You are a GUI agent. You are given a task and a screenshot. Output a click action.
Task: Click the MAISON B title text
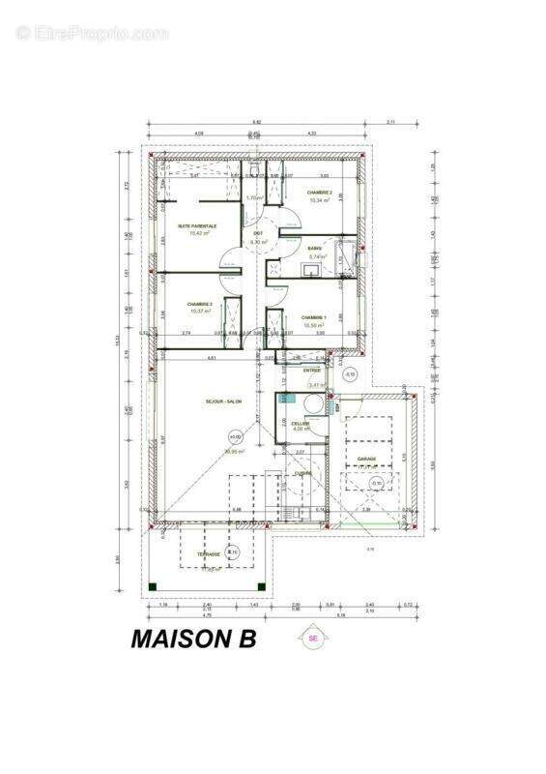[193, 640]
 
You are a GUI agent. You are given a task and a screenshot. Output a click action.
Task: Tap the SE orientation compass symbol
[312, 638]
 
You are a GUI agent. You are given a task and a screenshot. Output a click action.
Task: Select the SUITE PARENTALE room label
[196, 226]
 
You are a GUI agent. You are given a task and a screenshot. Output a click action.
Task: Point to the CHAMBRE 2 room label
[319, 193]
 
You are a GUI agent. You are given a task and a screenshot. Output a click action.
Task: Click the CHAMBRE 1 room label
[314, 317]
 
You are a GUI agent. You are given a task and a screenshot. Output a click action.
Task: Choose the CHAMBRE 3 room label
[199, 304]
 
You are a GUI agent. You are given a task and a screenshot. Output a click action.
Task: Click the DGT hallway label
[258, 233]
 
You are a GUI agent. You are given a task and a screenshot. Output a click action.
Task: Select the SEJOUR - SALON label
[223, 401]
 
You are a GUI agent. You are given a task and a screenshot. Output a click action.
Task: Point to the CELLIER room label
[300, 423]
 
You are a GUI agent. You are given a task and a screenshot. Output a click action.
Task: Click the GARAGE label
[366, 459]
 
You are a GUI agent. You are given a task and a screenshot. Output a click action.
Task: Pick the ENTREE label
[312, 370]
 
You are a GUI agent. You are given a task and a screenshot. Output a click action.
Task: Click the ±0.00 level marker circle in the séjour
[234, 437]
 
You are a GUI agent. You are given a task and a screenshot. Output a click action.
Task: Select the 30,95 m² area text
[233, 451]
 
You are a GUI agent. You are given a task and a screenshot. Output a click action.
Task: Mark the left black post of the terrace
[151, 586]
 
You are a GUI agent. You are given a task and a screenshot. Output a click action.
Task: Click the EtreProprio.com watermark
[93, 33]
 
